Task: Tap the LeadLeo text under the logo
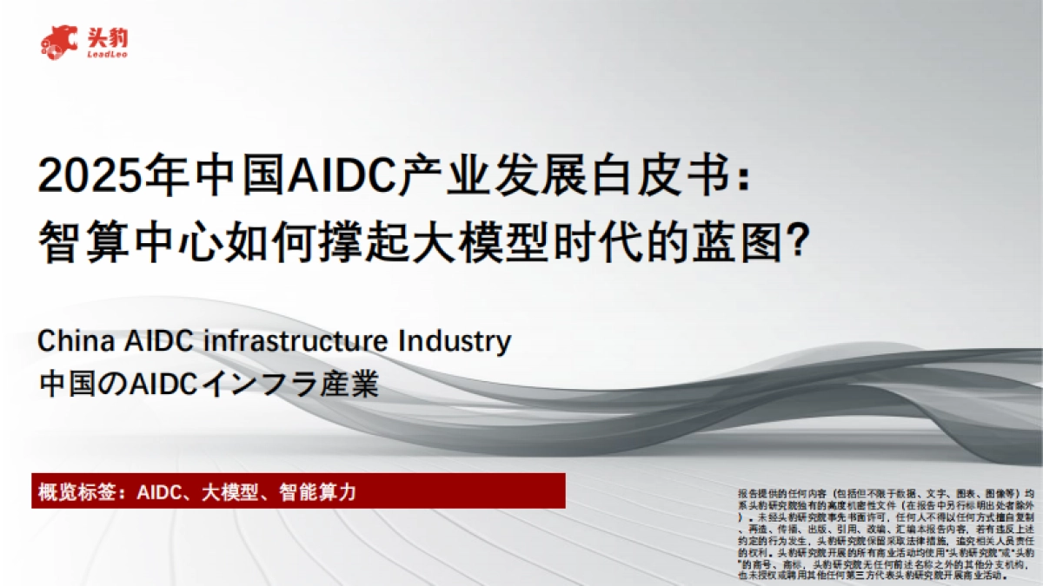point(107,55)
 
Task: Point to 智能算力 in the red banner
point(318,491)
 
